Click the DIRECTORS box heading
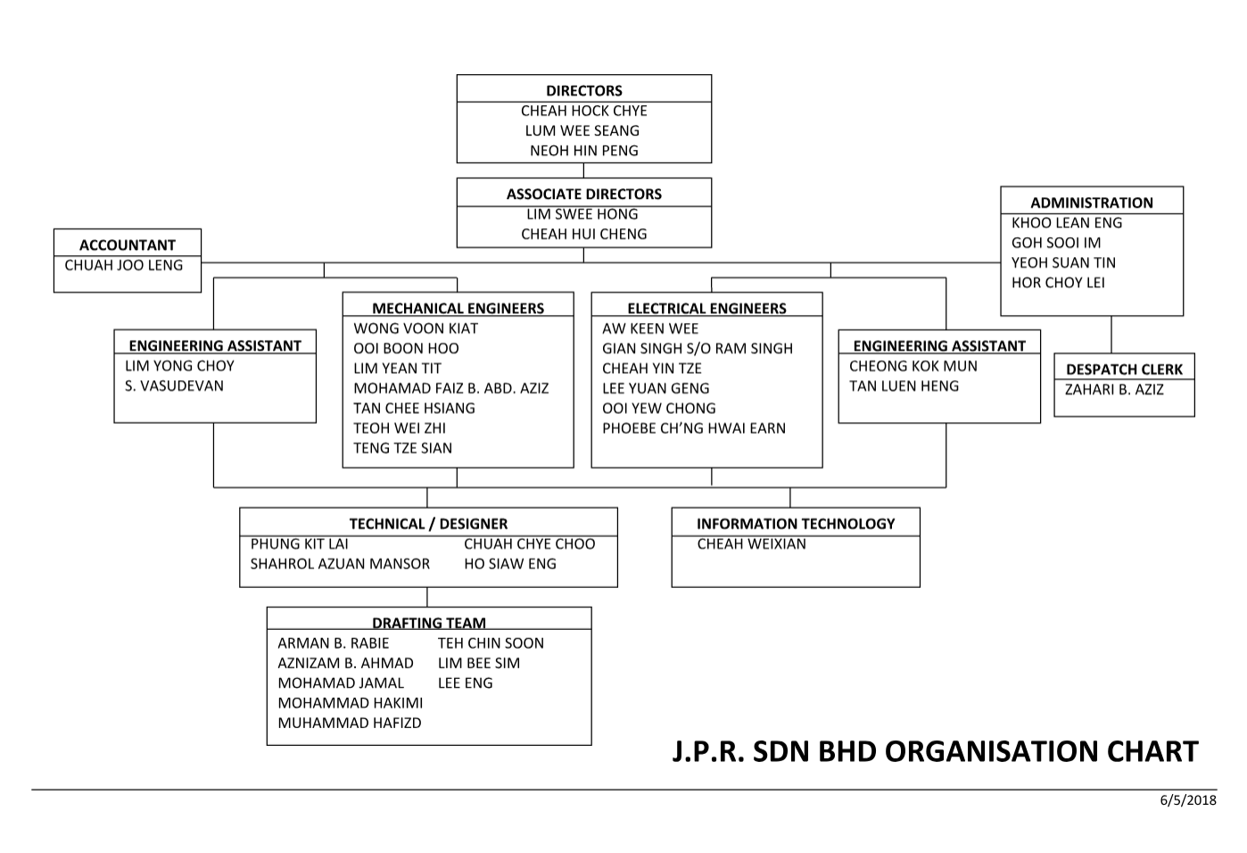pos(584,91)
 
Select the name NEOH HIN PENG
pos(584,151)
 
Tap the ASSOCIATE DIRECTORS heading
pos(584,195)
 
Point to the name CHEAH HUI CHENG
pos(584,235)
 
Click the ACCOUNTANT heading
pos(128,245)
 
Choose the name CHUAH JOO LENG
pos(124,266)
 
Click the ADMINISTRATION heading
pos(1092,203)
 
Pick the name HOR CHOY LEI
pos(1058,283)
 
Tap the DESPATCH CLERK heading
pos(1124,369)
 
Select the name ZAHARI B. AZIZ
pos(1114,390)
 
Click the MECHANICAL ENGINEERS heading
pos(458,309)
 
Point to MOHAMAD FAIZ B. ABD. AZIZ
pos(451,389)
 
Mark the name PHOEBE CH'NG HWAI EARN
pos(694,428)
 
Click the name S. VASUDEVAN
pos(174,386)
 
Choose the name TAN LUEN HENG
pos(904,386)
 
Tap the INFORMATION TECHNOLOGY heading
pos(796,525)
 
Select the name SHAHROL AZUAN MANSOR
pos(340,564)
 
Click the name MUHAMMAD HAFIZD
pos(350,724)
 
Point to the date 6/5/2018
pos(1188,800)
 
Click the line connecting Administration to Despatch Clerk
pos(1111,335)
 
